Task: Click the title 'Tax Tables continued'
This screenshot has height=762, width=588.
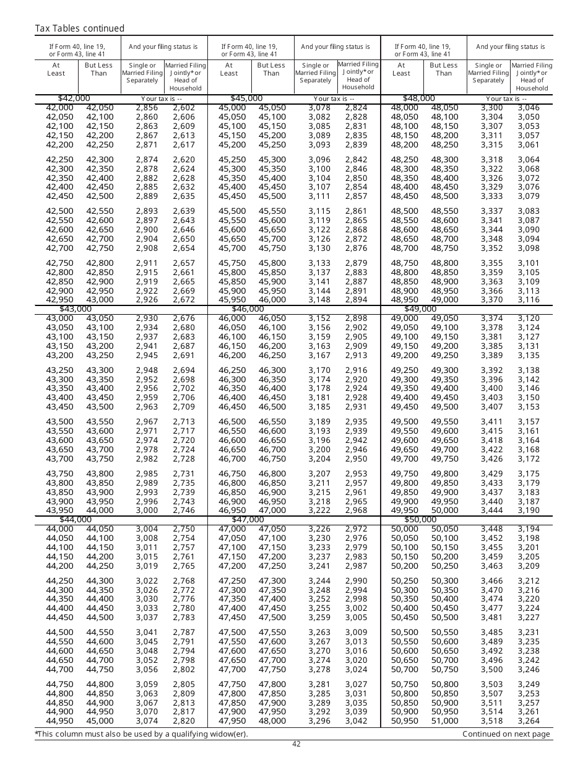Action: [x=79, y=28]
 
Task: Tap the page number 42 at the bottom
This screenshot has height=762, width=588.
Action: [x=296, y=744]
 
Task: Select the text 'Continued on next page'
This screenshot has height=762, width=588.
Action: [x=506, y=734]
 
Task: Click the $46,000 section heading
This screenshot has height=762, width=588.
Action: [x=248, y=309]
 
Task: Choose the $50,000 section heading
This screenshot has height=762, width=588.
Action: [x=420, y=519]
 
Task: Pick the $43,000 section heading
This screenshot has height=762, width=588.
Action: [x=76, y=309]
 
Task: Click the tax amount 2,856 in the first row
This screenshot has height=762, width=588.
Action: [x=147, y=108]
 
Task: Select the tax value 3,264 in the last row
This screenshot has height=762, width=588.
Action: [x=529, y=721]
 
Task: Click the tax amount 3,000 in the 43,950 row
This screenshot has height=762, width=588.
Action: [x=147, y=510]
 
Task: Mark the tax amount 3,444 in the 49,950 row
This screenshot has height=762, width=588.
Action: [x=491, y=510]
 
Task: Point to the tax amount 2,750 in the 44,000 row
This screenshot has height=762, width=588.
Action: [x=184, y=529]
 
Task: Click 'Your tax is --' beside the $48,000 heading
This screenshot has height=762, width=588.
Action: [x=506, y=99]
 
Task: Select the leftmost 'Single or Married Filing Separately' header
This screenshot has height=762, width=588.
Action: [x=142, y=72]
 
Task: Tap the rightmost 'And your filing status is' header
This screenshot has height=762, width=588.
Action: [x=511, y=46]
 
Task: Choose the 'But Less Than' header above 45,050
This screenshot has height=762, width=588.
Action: [x=271, y=69]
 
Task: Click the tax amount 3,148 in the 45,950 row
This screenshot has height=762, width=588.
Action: [x=319, y=300]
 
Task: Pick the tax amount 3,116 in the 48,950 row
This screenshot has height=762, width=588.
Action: [x=529, y=300]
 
